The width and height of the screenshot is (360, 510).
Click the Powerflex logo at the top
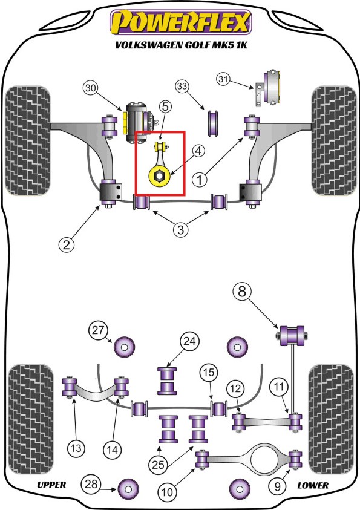coord(181,22)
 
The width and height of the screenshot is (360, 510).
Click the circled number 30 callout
coord(91,88)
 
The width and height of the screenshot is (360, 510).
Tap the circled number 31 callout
coord(223,79)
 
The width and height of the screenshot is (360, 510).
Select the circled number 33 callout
coord(182,87)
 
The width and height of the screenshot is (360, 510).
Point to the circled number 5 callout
coord(165,106)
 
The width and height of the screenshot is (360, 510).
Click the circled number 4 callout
coord(198,151)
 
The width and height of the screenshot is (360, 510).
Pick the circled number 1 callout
coord(199,179)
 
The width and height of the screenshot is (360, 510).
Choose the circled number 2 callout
coord(67,244)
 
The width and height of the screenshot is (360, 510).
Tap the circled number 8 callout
coord(242,291)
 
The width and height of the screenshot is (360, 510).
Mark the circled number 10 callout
coord(167,492)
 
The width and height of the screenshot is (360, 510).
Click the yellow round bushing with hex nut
coord(159,176)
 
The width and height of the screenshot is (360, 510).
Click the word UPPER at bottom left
coord(51,485)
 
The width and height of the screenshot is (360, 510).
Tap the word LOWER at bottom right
coord(313,485)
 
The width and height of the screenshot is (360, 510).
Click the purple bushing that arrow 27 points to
coord(124,347)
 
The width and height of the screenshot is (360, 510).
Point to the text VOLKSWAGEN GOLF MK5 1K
coord(181,45)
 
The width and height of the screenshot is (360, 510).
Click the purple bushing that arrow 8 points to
coord(292,335)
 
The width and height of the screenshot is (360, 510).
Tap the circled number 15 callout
coord(209,372)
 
